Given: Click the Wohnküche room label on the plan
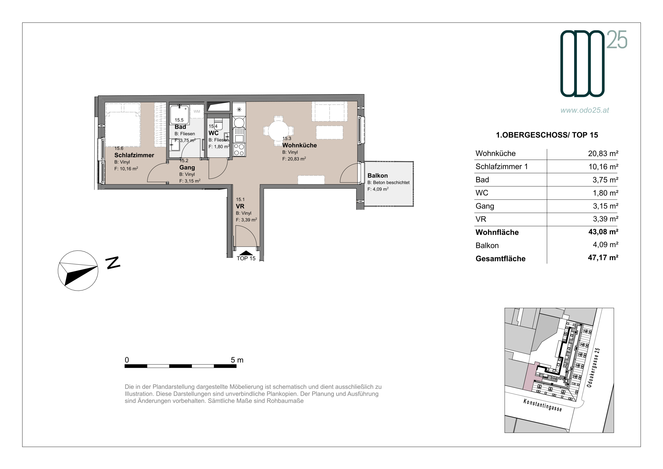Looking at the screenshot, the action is [x=299, y=145].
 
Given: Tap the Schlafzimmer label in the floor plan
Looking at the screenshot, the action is [x=134, y=155].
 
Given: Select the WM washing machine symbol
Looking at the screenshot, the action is [x=197, y=111].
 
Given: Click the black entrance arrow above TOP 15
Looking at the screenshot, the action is [x=246, y=253].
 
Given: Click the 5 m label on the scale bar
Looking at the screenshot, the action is [x=237, y=360].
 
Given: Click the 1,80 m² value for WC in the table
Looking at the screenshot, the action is [x=606, y=193].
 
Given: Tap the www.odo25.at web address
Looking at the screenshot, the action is [x=585, y=110].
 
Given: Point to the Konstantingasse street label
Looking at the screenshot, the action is [x=543, y=405].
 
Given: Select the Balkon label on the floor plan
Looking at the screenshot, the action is [x=377, y=176].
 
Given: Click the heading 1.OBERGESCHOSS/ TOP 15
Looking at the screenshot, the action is [x=547, y=135].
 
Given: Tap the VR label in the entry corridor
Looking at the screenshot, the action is [x=240, y=206].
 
